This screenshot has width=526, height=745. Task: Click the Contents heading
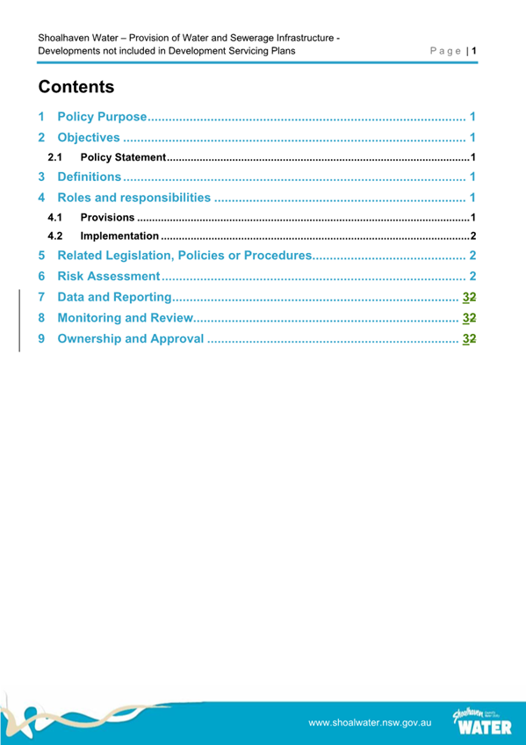tap(76, 87)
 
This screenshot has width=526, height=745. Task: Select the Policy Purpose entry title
tap(100, 117)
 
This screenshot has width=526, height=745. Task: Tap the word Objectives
tap(88, 137)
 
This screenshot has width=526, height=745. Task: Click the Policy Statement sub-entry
tap(122, 157)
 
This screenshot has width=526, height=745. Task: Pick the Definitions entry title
tap(89, 177)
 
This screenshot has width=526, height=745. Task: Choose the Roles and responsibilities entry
tap(133, 197)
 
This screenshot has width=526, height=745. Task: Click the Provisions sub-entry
tap(107, 217)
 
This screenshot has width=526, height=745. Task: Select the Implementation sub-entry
tap(119, 236)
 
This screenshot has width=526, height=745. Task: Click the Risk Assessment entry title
tap(107, 276)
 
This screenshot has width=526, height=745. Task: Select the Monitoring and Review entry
tap(123, 317)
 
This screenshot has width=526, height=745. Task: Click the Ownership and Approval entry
tap(130, 338)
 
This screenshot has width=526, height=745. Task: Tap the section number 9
tap(43, 338)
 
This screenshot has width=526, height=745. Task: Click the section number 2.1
tap(54, 157)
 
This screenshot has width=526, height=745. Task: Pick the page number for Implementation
tap(472, 236)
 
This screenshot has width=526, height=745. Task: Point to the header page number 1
tap(474, 52)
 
